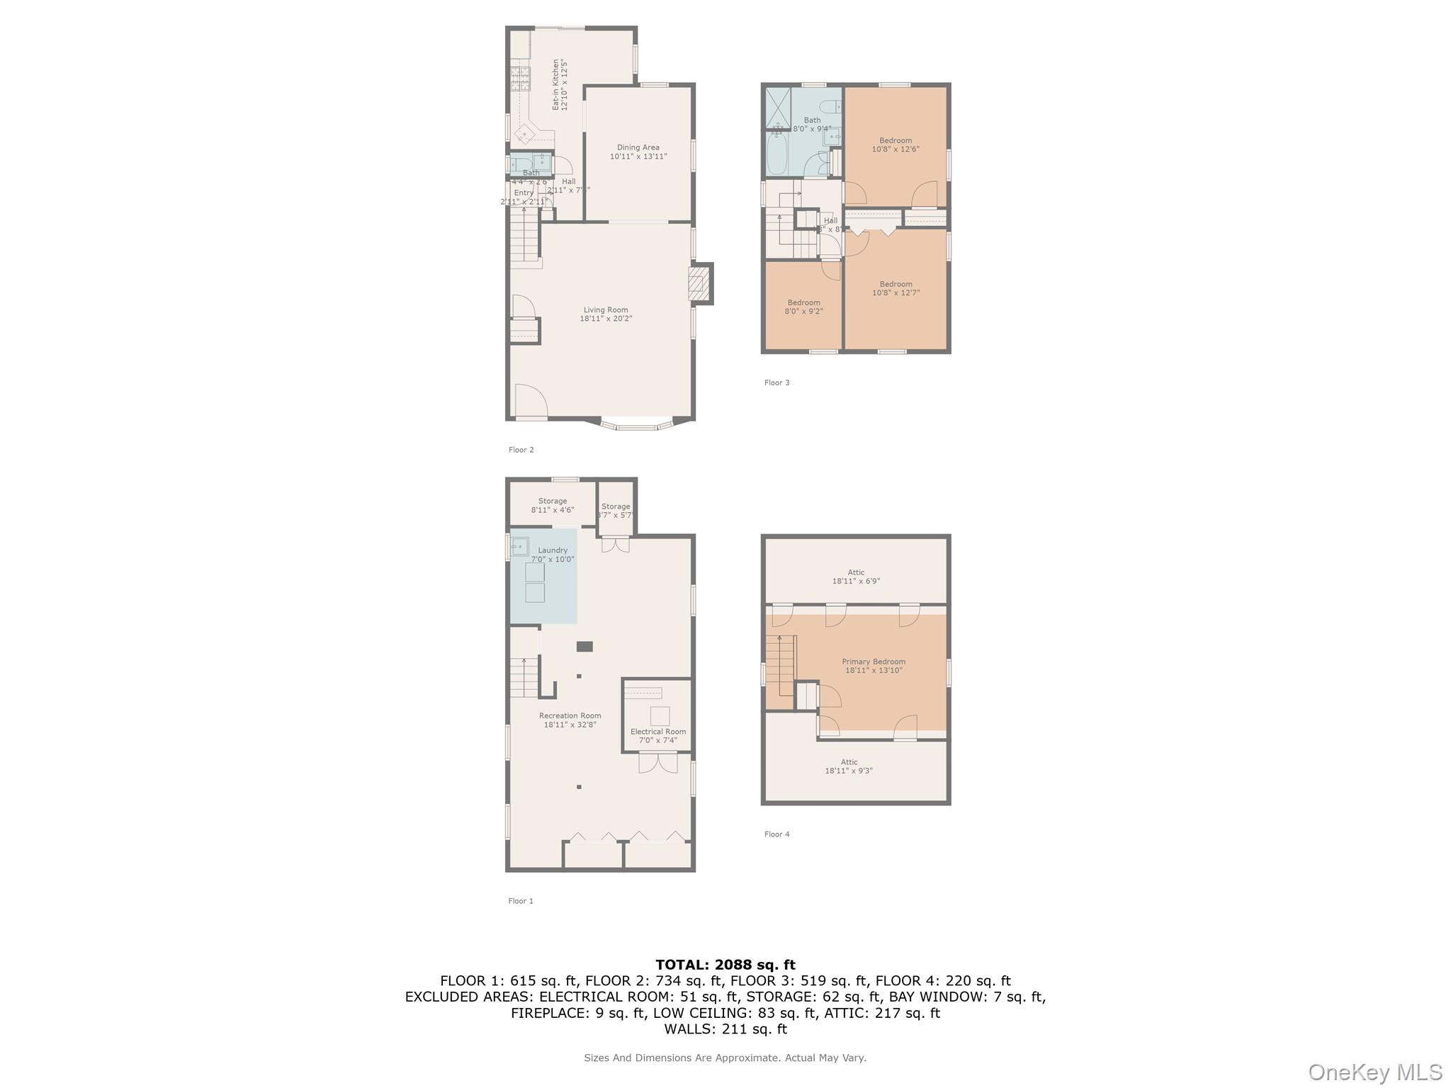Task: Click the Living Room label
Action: [606, 314]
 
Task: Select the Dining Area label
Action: [638, 152]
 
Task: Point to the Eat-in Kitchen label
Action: [560, 84]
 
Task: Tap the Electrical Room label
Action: [658, 736]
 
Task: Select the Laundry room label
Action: [553, 555]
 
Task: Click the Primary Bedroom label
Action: [874, 666]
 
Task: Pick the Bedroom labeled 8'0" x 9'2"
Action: [803, 307]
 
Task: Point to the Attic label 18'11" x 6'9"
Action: [856, 577]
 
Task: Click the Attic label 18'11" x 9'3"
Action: [849, 766]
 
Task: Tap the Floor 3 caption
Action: [777, 382]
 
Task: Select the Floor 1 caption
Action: [521, 901]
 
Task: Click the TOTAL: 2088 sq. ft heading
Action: [725, 964]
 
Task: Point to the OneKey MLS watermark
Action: [1374, 1072]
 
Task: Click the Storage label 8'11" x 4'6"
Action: [553, 505]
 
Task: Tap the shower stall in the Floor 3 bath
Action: [778, 108]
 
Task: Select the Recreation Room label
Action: [570, 720]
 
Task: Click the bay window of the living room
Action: [636, 425]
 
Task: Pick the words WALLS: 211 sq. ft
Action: [725, 1028]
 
